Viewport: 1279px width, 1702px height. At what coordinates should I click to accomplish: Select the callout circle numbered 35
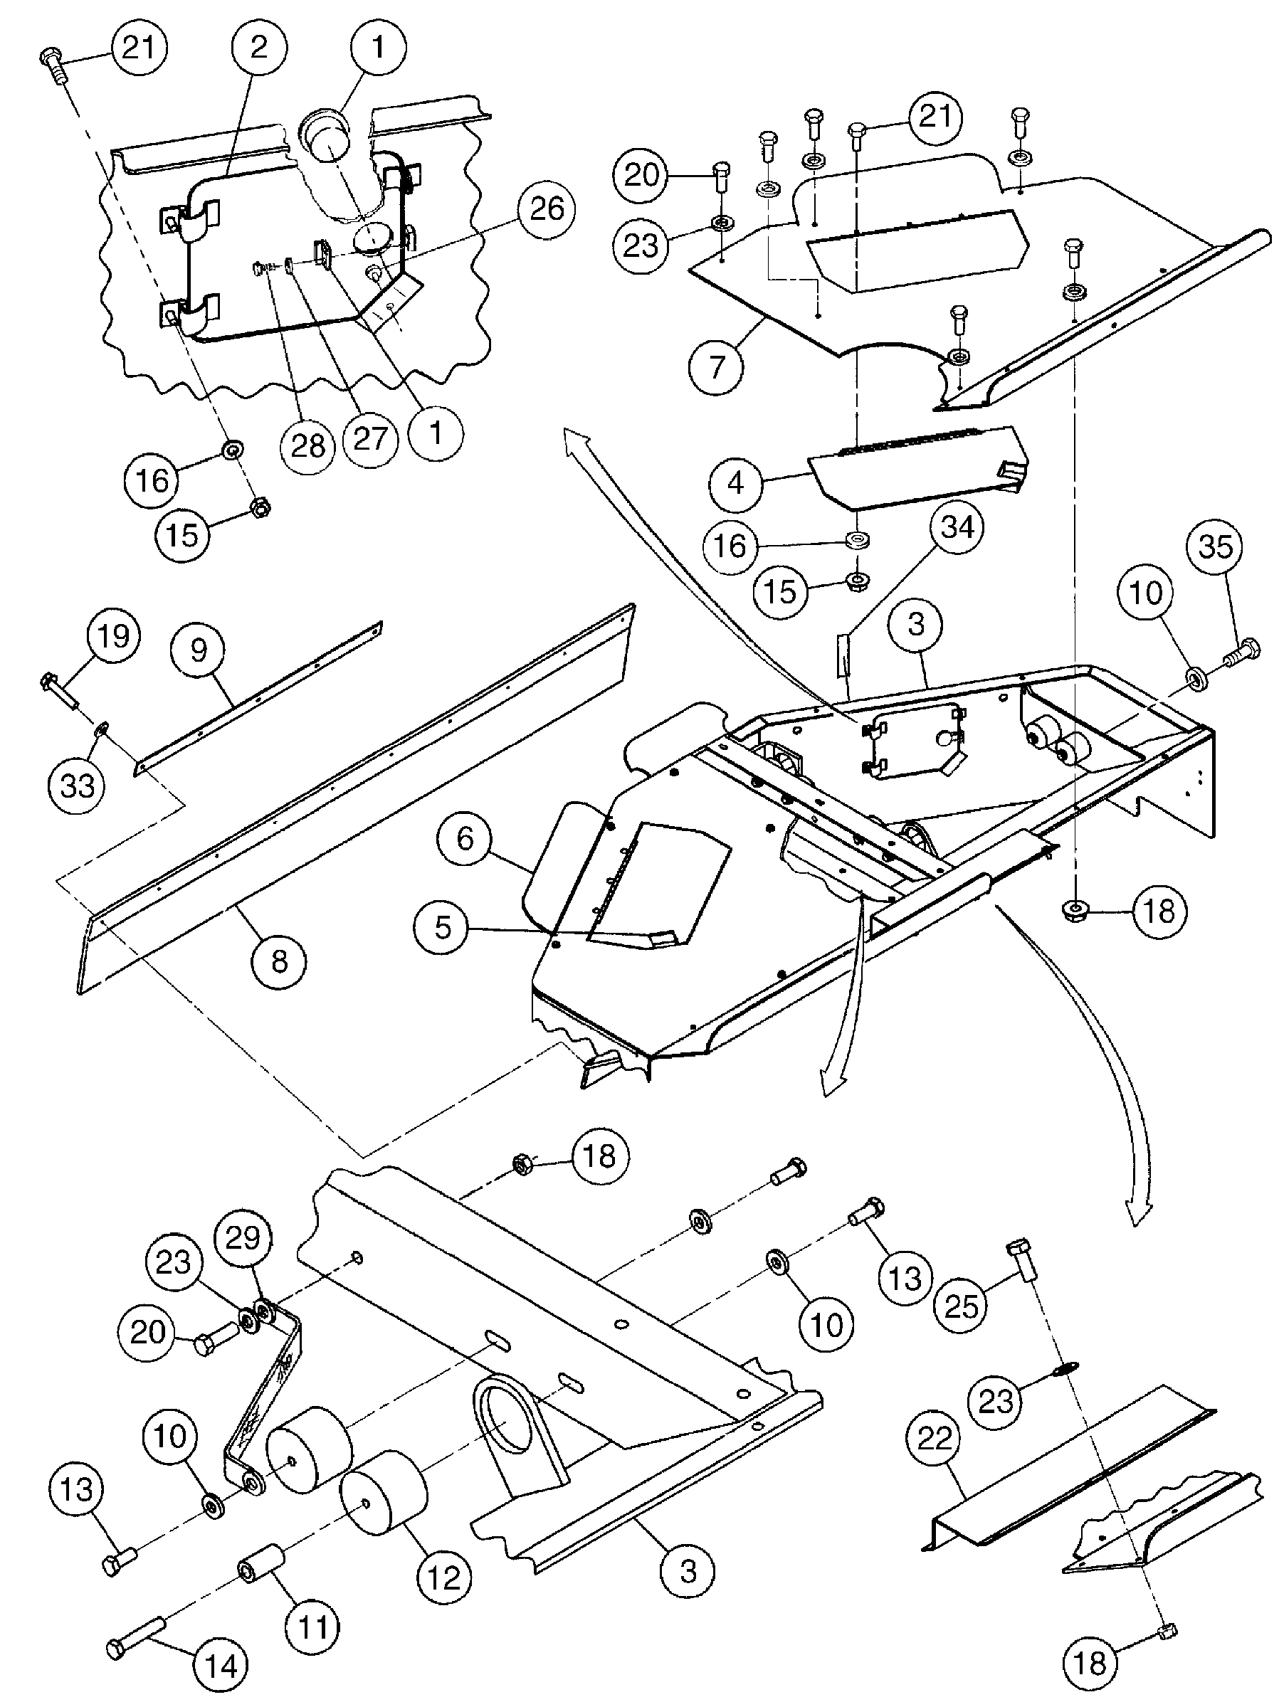[x=1215, y=546]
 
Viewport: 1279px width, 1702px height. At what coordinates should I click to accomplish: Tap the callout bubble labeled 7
[x=717, y=366]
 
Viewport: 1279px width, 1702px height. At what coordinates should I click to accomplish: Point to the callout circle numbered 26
[x=547, y=208]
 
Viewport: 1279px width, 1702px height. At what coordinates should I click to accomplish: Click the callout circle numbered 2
[x=259, y=48]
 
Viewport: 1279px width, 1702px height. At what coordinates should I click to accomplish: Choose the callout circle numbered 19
[x=113, y=635]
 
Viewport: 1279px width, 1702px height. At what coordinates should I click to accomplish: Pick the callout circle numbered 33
[x=77, y=786]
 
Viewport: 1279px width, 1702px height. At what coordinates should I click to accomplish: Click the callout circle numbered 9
[x=199, y=650]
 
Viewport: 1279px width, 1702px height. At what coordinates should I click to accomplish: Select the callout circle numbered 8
[x=278, y=961]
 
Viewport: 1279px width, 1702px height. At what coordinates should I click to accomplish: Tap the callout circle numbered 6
[x=465, y=838]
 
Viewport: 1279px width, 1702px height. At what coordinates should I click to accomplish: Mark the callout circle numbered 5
[x=443, y=927]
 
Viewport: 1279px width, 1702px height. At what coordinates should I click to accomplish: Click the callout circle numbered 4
[x=736, y=483]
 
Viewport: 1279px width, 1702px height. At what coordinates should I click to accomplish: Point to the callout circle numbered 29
[x=244, y=1238]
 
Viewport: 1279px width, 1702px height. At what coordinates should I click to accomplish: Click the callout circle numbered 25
[x=960, y=1306]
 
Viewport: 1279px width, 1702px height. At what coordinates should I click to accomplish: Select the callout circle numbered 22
[x=935, y=1439]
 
